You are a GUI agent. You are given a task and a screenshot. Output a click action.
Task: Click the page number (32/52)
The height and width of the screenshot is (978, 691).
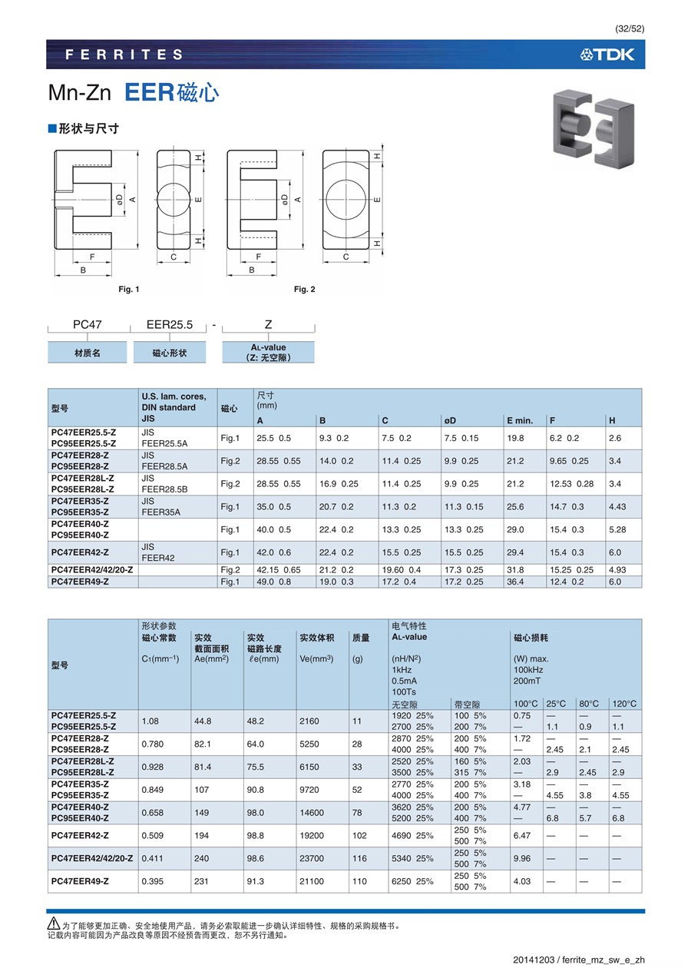629,28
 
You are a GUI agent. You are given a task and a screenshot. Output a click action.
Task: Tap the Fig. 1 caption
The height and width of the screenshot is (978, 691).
129,289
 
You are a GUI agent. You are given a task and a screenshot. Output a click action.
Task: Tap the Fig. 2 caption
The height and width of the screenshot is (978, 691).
305,289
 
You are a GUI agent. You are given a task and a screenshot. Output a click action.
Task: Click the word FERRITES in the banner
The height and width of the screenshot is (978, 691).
124,55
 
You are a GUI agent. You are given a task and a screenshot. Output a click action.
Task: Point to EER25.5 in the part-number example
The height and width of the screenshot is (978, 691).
170,325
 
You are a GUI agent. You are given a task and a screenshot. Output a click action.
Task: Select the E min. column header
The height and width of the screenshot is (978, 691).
519,420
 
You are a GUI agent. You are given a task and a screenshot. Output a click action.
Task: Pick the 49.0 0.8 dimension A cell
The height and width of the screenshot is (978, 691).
274,582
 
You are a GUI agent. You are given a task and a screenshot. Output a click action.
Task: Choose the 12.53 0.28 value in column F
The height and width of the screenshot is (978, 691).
572,483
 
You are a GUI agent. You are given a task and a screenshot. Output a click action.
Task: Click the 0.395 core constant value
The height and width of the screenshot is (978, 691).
152,881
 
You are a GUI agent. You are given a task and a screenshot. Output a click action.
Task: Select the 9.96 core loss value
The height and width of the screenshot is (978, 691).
522,858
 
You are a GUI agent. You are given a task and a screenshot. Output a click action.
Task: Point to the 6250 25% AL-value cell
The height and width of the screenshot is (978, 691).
412,881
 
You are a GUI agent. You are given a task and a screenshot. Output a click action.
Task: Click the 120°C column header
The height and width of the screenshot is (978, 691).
624,704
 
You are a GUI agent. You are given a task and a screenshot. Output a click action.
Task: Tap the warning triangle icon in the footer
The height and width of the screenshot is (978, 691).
54,924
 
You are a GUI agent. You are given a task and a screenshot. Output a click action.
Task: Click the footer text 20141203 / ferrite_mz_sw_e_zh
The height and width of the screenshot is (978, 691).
579,960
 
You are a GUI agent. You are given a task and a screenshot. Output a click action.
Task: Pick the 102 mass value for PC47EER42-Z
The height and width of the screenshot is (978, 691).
359,835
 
